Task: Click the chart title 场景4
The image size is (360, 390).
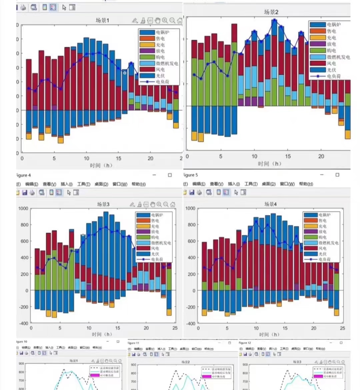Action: (270, 204)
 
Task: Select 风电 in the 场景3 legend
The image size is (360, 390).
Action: (155, 248)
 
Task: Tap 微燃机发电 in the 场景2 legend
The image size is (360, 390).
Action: (338, 57)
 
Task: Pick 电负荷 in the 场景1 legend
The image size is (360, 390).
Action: (162, 81)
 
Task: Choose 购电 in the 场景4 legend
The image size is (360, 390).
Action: (322, 237)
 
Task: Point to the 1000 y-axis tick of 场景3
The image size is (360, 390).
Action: (23, 209)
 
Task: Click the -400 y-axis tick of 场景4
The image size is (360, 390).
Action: (190, 323)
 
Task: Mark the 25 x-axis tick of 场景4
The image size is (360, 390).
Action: (342, 328)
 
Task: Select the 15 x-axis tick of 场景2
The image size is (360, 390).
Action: (288, 156)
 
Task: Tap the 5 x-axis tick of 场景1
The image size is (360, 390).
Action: (54, 158)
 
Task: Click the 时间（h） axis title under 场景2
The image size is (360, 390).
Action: (269, 163)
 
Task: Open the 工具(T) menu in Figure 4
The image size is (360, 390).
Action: (84, 184)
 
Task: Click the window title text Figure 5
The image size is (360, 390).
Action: (191, 175)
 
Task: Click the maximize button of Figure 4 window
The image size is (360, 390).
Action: (170, 175)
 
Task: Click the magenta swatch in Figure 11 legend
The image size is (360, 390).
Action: (206, 376)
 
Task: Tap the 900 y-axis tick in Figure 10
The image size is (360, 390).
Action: (21, 364)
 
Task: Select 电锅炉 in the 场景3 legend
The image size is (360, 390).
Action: (157, 215)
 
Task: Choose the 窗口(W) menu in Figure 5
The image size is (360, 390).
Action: (287, 184)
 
